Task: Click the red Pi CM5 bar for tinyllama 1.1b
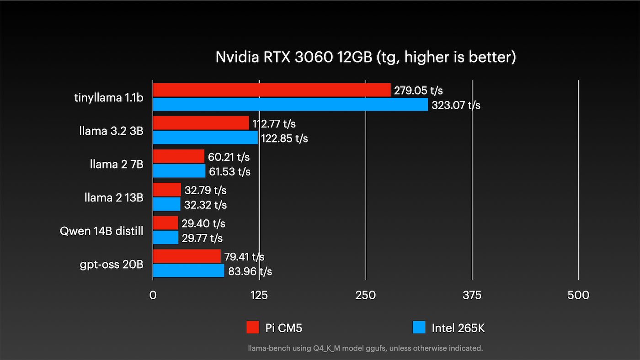pyautogui.click(x=272, y=90)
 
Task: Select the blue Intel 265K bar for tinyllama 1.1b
pyautogui.click(x=290, y=105)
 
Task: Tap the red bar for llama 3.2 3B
pyautogui.click(x=201, y=123)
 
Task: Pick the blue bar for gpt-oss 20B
pyautogui.click(x=188, y=271)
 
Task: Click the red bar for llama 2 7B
pyautogui.click(x=178, y=157)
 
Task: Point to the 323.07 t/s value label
pyautogui.click(x=456, y=105)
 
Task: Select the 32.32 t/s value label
pyautogui.click(x=205, y=205)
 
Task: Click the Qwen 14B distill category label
pyautogui.click(x=101, y=231)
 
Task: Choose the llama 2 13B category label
pyautogui.click(x=114, y=197)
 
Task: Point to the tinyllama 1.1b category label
pyautogui.click(x=109, y=97)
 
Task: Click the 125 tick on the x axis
pyautogui.click(x=259, y=296)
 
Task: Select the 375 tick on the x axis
pyautogui.click(x=472, y=296)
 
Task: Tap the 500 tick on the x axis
pyautogui.click(x=578, y=296)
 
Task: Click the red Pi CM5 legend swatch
pyautogui.click(x=253, y=327)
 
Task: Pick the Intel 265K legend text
pyautogui.click(x=458, y=328)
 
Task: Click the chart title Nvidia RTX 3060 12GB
pyautogui.click(x=366, y=57)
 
